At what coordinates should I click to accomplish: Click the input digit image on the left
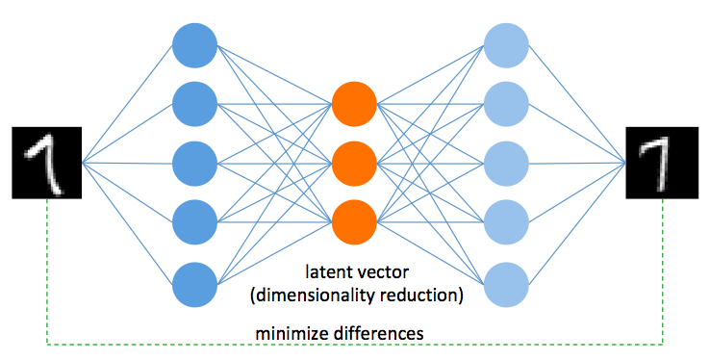(x=46, y=163)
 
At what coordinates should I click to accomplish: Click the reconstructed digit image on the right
(x=663, y=163)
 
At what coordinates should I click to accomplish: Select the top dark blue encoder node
(x=195, y=42)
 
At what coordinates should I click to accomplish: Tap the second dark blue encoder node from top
(x=195, y=103)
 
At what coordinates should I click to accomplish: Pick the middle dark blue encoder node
(x=195, y=163)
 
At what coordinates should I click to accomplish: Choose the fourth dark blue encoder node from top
(x=195, y=223)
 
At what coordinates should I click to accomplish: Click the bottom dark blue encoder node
(x=195, y=284)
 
